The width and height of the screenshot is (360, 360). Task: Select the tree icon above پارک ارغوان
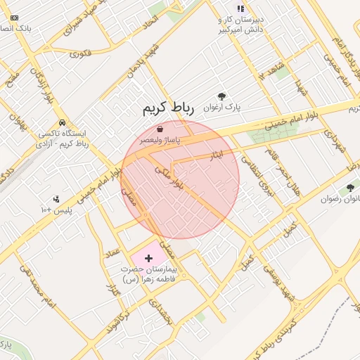[222, 96]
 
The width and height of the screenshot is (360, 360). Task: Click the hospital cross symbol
[148, 259]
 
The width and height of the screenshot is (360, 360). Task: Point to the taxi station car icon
[63, 121]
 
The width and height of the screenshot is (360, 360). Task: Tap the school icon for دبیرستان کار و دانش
[240, 8]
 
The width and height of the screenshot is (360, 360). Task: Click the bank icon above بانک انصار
[15, 18]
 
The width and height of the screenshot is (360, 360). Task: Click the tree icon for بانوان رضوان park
[349, 188]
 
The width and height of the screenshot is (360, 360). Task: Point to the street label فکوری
[80, 52]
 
